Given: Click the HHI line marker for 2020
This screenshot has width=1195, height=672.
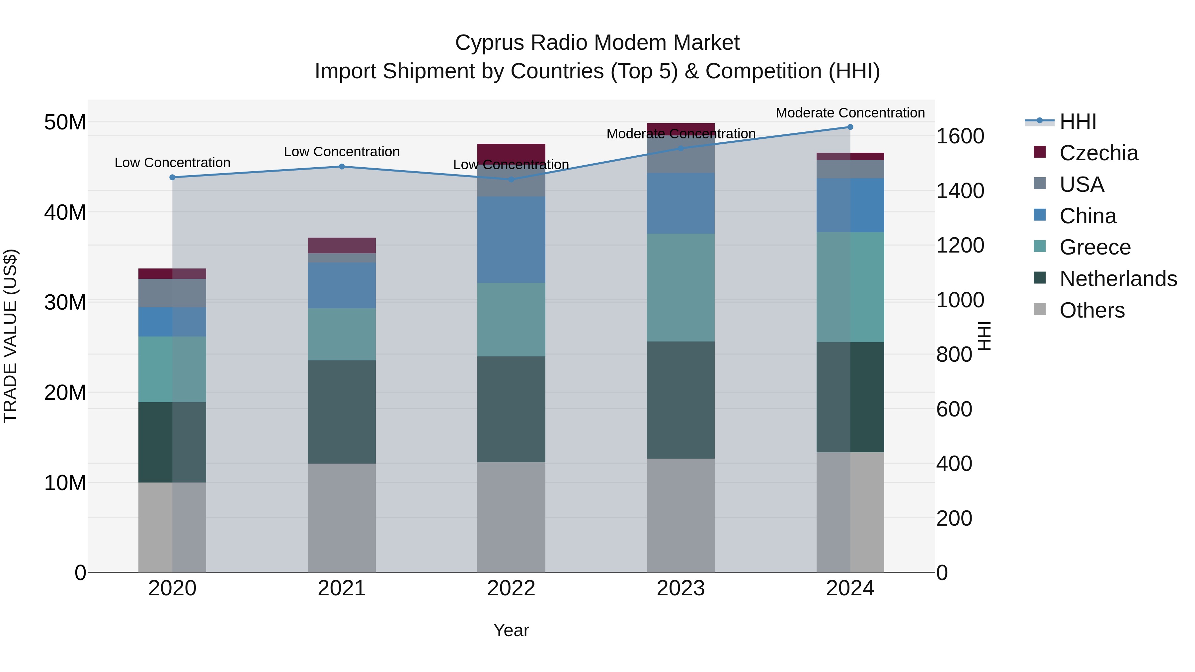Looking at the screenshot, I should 173,177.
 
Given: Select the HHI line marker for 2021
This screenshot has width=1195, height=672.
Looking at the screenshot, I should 342,167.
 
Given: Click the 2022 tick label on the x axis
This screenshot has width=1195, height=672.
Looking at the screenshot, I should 511,588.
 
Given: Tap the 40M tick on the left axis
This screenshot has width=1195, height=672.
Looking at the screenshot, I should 65,212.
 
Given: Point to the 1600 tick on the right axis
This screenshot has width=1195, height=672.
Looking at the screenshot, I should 959,136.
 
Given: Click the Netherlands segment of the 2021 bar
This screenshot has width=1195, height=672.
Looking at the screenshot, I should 342,412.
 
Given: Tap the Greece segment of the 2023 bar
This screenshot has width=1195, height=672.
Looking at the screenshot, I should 680,287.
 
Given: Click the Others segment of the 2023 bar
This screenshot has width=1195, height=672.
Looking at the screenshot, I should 680,515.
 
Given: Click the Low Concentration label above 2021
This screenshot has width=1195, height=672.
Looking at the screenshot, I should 342,152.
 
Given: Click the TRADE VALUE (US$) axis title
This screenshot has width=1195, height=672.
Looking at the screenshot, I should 10,336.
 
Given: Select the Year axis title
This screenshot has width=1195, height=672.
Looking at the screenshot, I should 511,630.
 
